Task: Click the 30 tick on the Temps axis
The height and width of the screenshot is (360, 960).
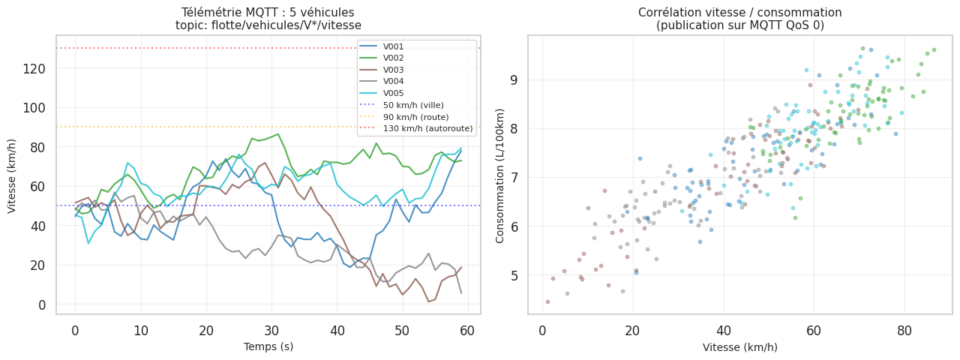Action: point(271,331)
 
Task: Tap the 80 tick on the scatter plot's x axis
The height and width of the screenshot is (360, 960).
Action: point(904,331)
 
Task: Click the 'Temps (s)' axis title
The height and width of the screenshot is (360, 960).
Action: point(268,346)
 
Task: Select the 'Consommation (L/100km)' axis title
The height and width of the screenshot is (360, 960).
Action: point(500,174)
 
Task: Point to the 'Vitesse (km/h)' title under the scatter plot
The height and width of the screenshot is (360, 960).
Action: point(739,347)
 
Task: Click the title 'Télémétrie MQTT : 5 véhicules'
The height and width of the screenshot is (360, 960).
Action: point(268,12)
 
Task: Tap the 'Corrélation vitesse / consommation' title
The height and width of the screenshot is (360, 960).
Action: point(739,12)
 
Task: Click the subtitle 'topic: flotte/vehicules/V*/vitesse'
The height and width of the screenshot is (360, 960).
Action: point(268,25)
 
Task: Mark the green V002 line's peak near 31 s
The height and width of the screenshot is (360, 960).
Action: point(278,134)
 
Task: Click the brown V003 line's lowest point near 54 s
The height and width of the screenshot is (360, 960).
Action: point(428,301)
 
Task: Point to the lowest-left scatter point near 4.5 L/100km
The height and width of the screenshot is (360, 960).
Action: point(547,301)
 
